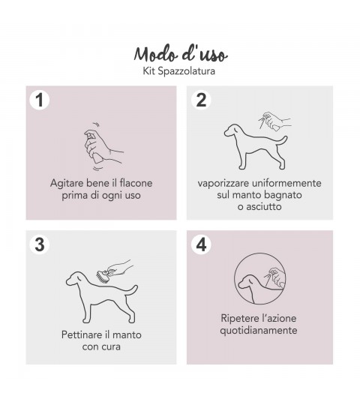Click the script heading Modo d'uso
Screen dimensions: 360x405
(x=181, y=54)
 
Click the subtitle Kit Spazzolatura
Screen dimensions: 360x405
(x=179, y=71)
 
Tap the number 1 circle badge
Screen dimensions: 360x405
(x=39, y=100)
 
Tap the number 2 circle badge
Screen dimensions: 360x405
(x=201, y=100)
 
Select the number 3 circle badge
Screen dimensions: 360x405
(x=39, y=244)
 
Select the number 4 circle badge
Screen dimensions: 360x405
(x=201, y=244)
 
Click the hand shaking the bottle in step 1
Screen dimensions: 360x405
(x=103, y=146)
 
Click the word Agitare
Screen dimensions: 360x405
(x=67, y=183)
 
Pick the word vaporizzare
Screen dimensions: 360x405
(x=223, y=184)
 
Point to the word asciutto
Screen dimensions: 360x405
(x=263, y=207)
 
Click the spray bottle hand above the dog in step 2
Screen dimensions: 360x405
(x=275, y=121)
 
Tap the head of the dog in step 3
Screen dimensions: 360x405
(x=75, y=278)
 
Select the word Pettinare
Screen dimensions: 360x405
(x=79, y=335)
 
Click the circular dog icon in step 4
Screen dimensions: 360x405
(x=260, y=278)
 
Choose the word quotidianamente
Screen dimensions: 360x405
(x=259, y=331)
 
